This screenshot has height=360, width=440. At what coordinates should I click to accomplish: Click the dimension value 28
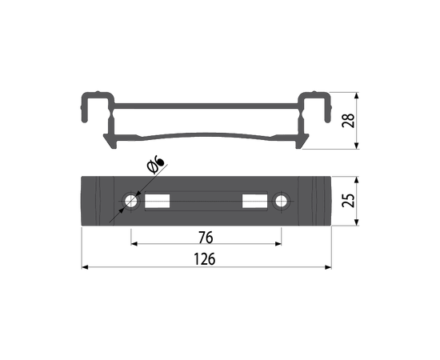(348, 121)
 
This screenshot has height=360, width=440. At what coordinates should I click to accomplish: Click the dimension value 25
(348, 200)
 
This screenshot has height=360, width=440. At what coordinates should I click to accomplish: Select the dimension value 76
(206, 238)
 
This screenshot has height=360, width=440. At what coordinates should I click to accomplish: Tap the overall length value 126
(205, 259)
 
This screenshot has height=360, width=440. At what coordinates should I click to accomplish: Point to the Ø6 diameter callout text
(155, 166)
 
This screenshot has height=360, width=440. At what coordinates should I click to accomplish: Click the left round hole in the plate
(130, 201)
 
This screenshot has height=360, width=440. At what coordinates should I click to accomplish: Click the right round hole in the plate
(281, 201)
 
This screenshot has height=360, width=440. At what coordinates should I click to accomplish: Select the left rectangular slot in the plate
(157, 201)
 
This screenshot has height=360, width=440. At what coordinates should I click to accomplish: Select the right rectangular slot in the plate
(254, 201)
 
